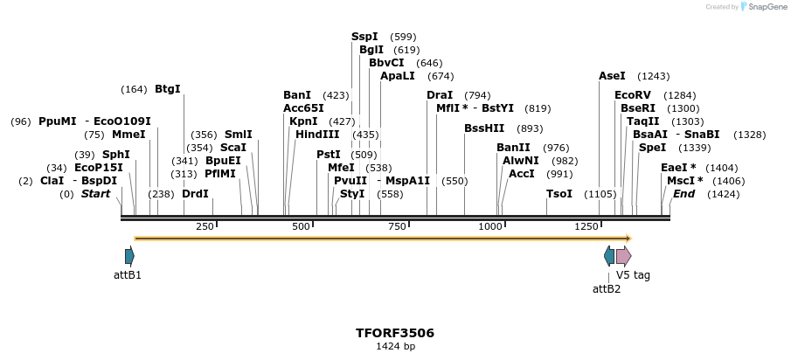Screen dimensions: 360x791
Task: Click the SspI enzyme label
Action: [364, 37]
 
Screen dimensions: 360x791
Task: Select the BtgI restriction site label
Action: [167, 89]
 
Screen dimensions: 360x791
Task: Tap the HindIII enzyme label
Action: [317, 135]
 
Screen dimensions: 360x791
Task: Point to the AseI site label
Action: [612, 76]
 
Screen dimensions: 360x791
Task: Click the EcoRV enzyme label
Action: [633, 95]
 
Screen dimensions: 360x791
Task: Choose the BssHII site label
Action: [484, 128]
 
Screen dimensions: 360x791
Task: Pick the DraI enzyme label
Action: [440, 95]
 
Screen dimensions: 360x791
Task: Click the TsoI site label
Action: [559, 194]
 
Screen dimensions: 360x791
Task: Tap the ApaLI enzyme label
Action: [398, 76]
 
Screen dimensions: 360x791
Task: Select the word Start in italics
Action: [95, 194]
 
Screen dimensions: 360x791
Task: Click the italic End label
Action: [683, 194]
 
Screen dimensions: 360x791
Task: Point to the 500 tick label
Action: [302, 227]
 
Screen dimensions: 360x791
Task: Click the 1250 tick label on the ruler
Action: [586, 227]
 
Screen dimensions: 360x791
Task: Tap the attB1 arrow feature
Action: [129, 256]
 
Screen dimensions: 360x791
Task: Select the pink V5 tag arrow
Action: [623, 256]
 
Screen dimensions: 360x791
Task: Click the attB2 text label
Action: [607, 288]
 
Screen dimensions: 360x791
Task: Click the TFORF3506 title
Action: [395, 333]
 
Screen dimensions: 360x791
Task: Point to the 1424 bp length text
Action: [395, 347]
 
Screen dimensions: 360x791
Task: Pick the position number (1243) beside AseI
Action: [653, 76]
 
